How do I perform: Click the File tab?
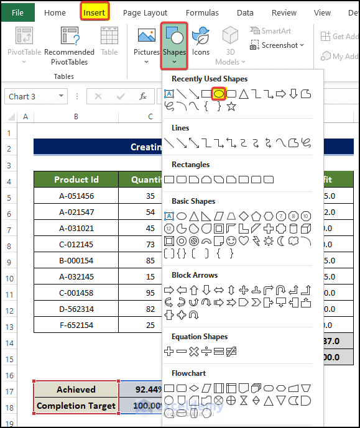(17, 12)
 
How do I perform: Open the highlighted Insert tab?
(95, 12)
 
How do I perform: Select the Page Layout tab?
(145, 12)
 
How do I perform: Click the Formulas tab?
(202, 12)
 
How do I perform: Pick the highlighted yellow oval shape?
(218, 94)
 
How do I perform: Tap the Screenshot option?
(277, 45)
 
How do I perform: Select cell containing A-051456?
(76, 196)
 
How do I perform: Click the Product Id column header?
(76, 180)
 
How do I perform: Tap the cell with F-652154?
(76, 325)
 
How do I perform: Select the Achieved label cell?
(76, 389)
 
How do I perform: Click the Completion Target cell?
(76, 406)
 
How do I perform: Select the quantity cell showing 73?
(150, 244)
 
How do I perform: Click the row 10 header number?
(9, 276)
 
